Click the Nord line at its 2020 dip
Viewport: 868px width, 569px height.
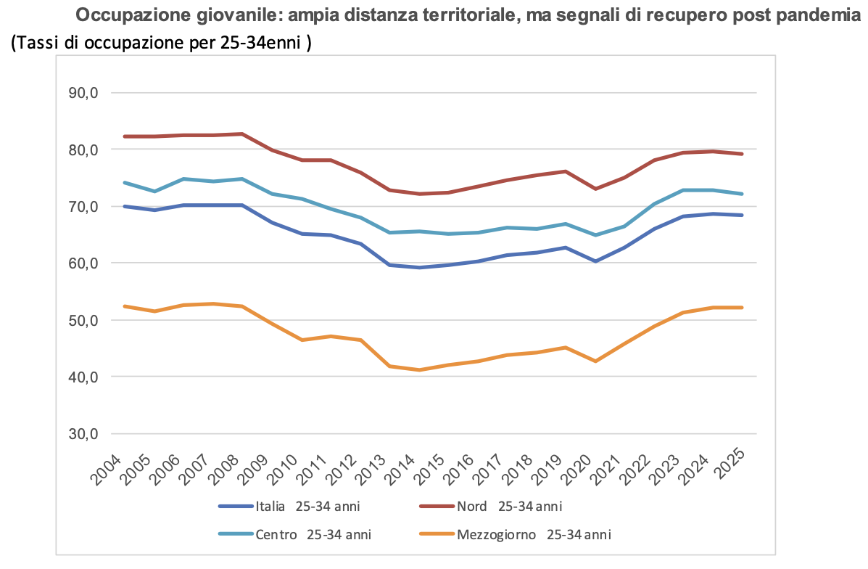(x=595, y=189)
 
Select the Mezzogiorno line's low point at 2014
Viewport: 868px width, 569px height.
(x=418, y=370)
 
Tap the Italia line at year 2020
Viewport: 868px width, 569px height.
(x=595, y=261)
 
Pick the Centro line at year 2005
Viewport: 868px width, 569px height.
(x=154, y=192)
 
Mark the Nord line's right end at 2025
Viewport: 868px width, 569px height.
(x=742, y=154)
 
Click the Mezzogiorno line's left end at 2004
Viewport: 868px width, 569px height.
(x=125, y=306)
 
